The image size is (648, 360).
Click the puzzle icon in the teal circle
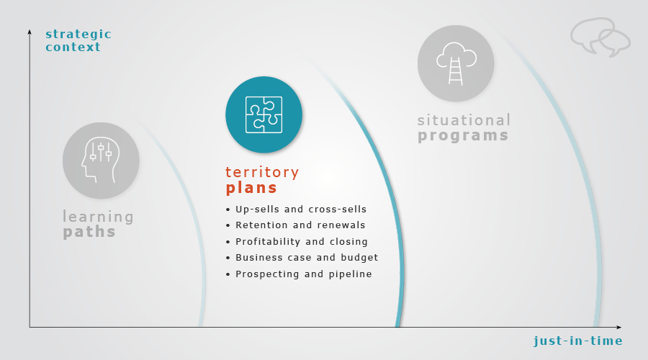coord(264,114)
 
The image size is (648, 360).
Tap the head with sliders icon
coord(100,160)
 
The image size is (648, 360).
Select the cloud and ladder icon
coord(456,63)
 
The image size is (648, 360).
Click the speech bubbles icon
coord(600,37)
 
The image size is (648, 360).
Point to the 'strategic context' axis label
coord(78,40)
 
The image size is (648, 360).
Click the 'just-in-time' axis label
coord(577,341)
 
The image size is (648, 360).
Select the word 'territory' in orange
coord(262,172)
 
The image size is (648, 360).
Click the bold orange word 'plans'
coord(251,188)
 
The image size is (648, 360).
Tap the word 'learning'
coord(99,217)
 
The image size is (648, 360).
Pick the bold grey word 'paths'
coord(89,232)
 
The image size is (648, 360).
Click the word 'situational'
coord(464,120)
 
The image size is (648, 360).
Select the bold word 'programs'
coord(463,135)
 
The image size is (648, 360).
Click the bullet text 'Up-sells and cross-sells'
coord(301,209)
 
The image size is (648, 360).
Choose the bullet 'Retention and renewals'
coord(300,225)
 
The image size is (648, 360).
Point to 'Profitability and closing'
coord(302,242)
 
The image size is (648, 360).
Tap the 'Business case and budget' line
coord(307,258)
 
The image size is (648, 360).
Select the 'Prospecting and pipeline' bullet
coord(304,274)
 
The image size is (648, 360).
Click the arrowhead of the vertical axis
coord(30,32)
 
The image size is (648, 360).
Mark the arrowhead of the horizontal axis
coord(618,328)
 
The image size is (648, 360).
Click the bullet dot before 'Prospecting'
coord(228,274)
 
